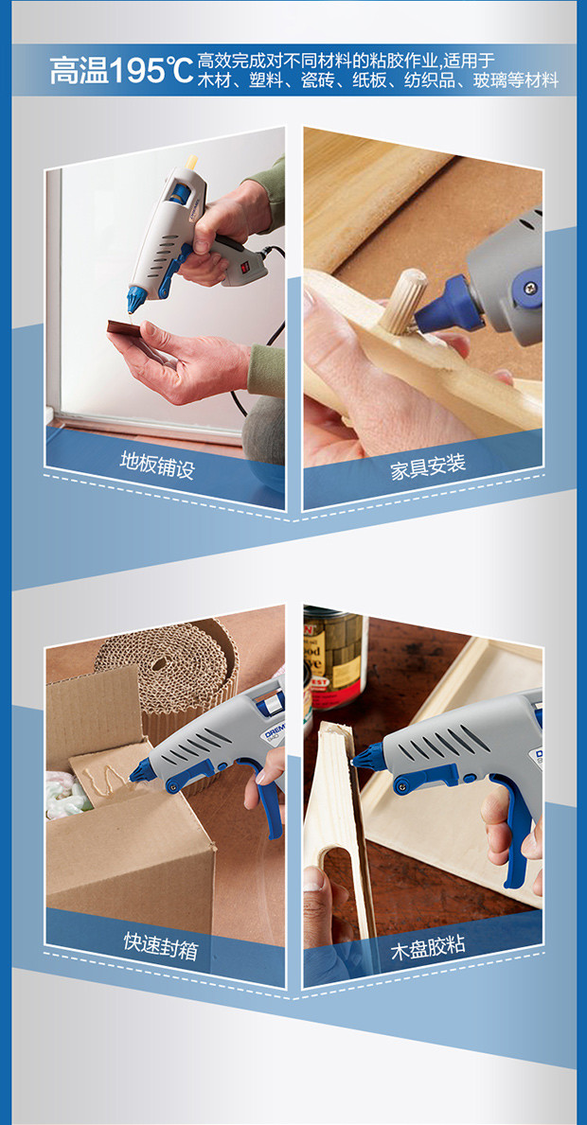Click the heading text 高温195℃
121,70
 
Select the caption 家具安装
428,466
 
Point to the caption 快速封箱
160,941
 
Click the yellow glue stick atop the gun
191,162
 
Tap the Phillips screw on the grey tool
531,288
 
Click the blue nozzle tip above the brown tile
134,299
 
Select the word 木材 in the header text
213,80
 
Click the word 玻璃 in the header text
489,80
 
